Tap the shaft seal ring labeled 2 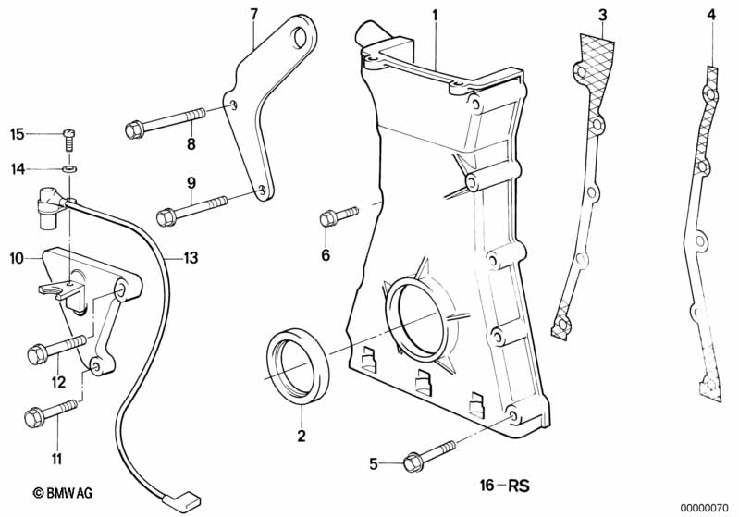[295, 361]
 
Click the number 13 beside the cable [190, 258]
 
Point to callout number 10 [16, 259]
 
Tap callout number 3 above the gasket [602, 14]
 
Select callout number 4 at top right [711, 14]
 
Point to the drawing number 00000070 [707, 507]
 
